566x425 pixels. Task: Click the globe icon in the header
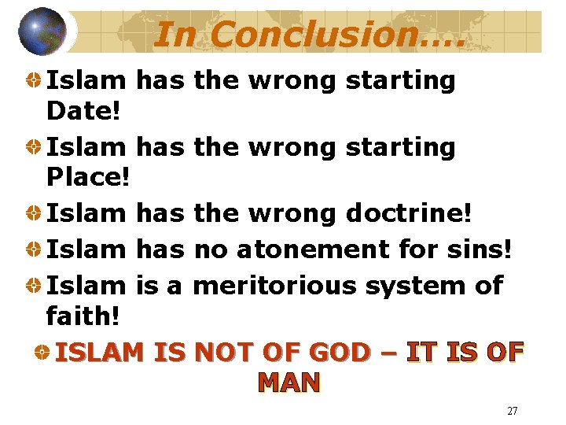(x=43, y=31)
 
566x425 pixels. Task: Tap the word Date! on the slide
(x=83, y=112)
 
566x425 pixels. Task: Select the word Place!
(x=87, y=178)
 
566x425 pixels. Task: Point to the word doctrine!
(x=409, y=213)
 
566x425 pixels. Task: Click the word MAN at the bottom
(x=289, y=382)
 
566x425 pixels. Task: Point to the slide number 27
(x=512, y=411)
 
